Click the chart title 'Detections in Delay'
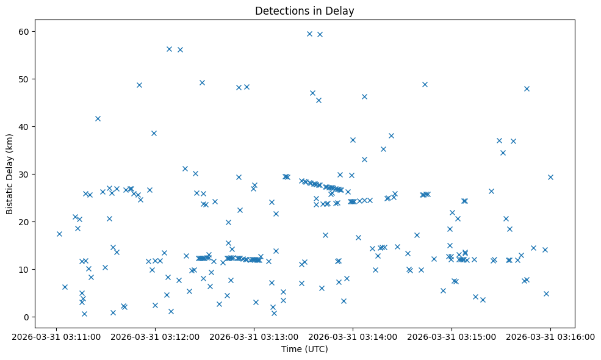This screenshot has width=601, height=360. click(304, 11)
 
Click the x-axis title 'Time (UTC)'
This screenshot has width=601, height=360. click(304, 349)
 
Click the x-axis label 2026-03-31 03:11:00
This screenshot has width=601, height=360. click(56, 336)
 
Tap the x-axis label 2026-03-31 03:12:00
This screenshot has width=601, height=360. click(155, 336)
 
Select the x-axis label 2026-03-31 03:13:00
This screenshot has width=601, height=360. click(254, 336)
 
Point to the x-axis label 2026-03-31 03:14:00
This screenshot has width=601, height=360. click(353, 336)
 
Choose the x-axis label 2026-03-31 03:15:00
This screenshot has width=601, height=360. click(452, 336)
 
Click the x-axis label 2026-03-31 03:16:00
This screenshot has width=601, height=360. click(550, 336)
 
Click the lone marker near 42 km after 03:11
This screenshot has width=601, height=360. click(98, 118)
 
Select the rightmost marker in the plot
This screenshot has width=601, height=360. click(550, 177)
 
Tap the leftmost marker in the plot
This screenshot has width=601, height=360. click(59, 234)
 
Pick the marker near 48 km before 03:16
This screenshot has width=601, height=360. click(527, 88)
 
